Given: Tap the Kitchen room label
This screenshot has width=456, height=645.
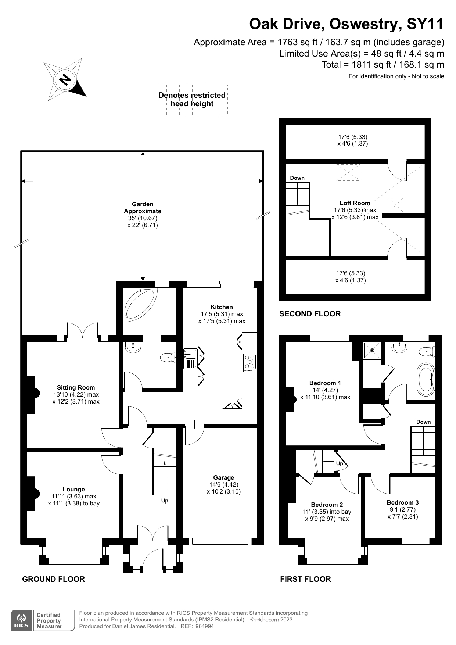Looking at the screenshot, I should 222,307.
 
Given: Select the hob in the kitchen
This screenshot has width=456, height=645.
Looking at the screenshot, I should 250,362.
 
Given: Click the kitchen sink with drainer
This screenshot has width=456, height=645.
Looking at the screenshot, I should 191,359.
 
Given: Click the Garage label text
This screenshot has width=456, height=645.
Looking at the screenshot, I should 223,477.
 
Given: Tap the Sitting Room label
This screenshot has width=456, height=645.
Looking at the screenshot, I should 76,387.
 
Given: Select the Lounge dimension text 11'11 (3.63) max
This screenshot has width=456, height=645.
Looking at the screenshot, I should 74,496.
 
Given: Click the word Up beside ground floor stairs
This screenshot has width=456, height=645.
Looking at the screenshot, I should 165,501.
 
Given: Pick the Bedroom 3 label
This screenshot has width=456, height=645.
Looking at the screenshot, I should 403,502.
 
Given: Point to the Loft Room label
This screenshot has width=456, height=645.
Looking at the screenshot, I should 355,203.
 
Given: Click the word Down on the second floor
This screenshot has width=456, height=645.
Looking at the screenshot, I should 297,178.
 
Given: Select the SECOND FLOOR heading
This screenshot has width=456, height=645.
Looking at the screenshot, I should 310,314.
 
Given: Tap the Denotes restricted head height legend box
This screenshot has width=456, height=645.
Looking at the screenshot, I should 192,100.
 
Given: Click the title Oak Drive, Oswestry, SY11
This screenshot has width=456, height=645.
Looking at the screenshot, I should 346,24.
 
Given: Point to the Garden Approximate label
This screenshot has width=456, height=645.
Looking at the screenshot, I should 143,208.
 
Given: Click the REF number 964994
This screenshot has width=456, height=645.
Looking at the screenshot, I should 204,626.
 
